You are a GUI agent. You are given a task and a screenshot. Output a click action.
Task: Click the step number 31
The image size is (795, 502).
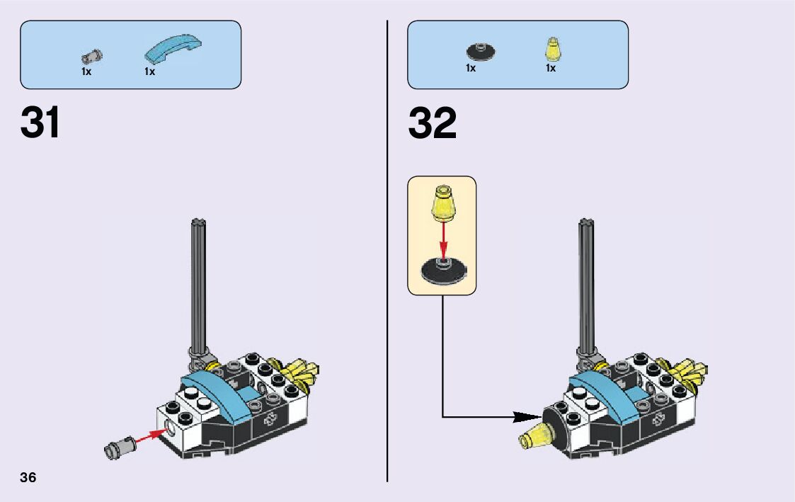point(40,123)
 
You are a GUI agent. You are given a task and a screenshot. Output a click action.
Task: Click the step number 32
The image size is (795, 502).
point(432,123)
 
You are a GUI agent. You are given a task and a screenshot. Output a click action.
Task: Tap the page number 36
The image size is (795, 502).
point(28,477)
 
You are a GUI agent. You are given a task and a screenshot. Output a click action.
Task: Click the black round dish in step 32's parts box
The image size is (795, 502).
point(481,51)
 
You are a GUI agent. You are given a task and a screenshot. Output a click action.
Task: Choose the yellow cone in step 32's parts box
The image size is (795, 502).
point(551,49)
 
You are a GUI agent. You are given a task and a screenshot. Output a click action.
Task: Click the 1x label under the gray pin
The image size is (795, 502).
point(86,72)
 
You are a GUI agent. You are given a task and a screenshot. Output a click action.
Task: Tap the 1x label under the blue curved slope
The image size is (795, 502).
point(149,72)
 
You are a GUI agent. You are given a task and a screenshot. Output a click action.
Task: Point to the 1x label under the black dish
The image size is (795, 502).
point(471,69)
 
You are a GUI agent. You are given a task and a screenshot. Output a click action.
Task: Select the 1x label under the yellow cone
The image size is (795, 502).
point(550,69)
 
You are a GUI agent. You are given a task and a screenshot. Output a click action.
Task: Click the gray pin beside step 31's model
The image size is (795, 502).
point(115,447)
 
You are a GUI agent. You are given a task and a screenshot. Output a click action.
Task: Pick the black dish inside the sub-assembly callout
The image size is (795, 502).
point(442,270)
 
